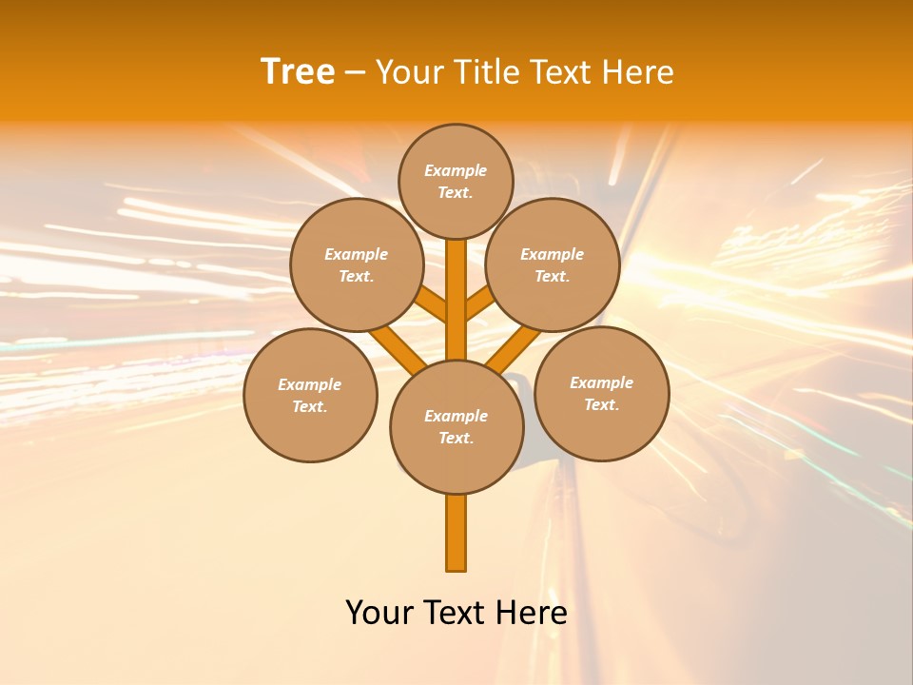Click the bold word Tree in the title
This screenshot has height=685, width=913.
coord(298,72)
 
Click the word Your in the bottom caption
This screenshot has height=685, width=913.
coord(379,613)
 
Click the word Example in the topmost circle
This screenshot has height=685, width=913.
coord(456,170)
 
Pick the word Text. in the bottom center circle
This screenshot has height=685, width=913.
coord(456,439)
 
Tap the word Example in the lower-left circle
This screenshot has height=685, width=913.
coord(309,384)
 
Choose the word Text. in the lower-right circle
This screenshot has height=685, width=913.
coord(601,405)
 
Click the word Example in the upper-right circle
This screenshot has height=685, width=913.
coord(552,254)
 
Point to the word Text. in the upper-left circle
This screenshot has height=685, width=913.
coord(356,277)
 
